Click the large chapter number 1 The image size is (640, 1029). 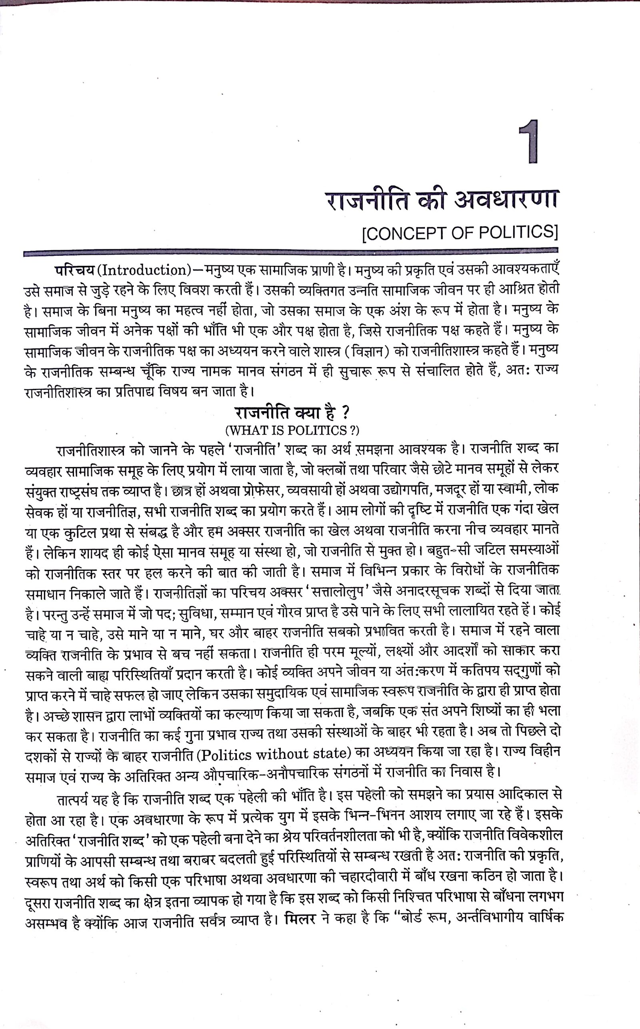point(529,142)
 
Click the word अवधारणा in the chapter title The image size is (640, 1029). point(506,200)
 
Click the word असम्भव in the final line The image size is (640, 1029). point(51,923)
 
